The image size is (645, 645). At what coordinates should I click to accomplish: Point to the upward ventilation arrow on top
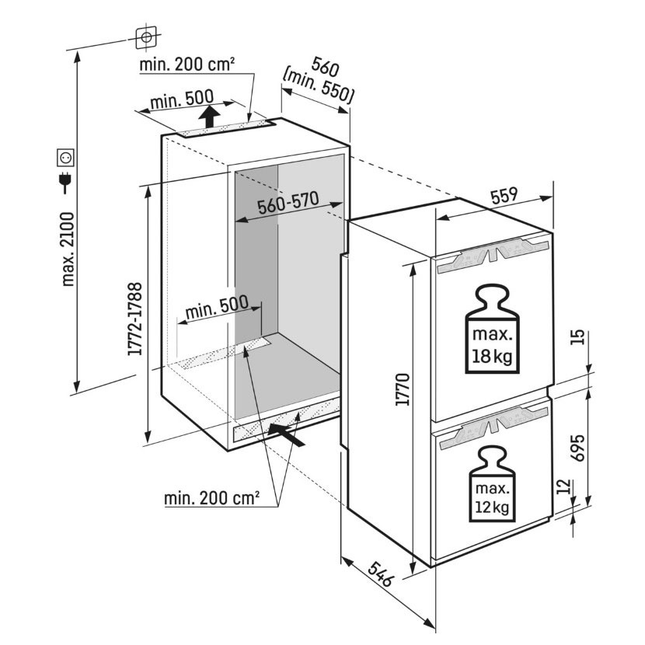tap(207, 118)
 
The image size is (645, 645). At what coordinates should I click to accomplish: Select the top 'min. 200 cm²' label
tap(187, 65)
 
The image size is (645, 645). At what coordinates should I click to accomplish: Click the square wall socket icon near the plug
tap(65, 159)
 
